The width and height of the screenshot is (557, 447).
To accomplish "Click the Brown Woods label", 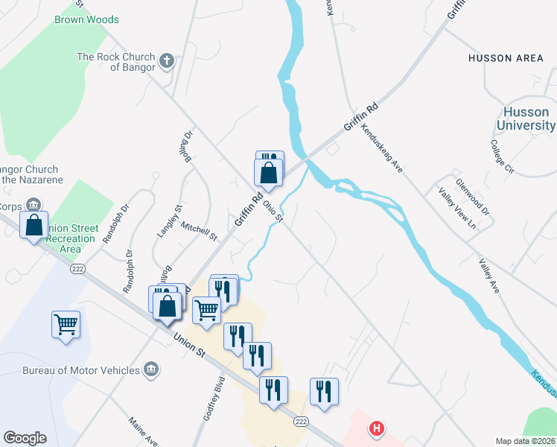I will (86, 19).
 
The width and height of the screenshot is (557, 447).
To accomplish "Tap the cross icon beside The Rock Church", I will (167, 61).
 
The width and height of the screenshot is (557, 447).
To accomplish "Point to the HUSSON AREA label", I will (506, 58).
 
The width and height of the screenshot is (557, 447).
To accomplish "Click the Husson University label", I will (526, 118).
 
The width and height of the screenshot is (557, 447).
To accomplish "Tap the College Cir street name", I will (503, 156).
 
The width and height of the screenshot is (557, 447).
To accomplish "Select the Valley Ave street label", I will (489, 275).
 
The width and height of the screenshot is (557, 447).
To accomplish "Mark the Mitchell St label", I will (197, 232).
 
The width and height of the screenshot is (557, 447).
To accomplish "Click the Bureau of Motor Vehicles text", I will (80, 370).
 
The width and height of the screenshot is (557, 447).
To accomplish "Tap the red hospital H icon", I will (378, 428).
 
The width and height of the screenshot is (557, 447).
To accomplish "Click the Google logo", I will (25, 438).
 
